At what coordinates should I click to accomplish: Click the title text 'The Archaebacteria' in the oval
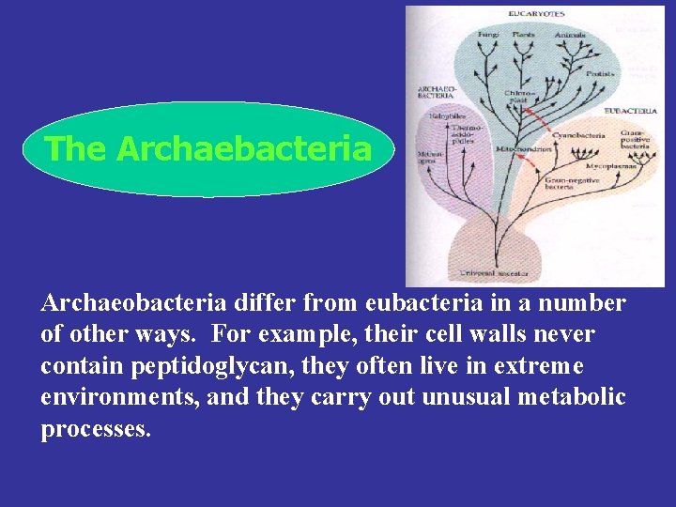point(207,148)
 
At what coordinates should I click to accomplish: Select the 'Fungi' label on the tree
point(488,35)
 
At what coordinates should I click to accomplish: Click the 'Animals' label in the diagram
point(570,35)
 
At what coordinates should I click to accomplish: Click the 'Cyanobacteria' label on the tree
point(577,135)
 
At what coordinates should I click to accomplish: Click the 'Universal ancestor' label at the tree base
point(494,273)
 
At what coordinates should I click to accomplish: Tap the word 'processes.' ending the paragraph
point(96,428)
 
